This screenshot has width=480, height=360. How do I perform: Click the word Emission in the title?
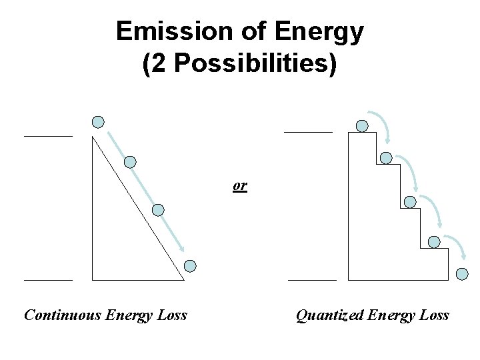163,31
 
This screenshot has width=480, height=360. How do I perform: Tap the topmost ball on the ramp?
98,121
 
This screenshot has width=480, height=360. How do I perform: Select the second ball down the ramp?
131,161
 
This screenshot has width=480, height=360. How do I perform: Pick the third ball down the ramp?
158,210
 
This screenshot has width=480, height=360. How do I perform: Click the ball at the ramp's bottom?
190,266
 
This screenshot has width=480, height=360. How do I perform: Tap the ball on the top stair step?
362,125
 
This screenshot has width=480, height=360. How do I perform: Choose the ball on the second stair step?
386,158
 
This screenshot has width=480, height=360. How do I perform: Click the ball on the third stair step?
411,201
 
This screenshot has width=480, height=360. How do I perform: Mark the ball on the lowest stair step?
434,241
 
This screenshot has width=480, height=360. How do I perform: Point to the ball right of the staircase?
463,273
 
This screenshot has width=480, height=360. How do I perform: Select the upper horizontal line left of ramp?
48,135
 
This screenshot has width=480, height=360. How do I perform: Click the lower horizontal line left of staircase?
312,280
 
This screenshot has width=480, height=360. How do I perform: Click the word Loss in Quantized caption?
435,315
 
